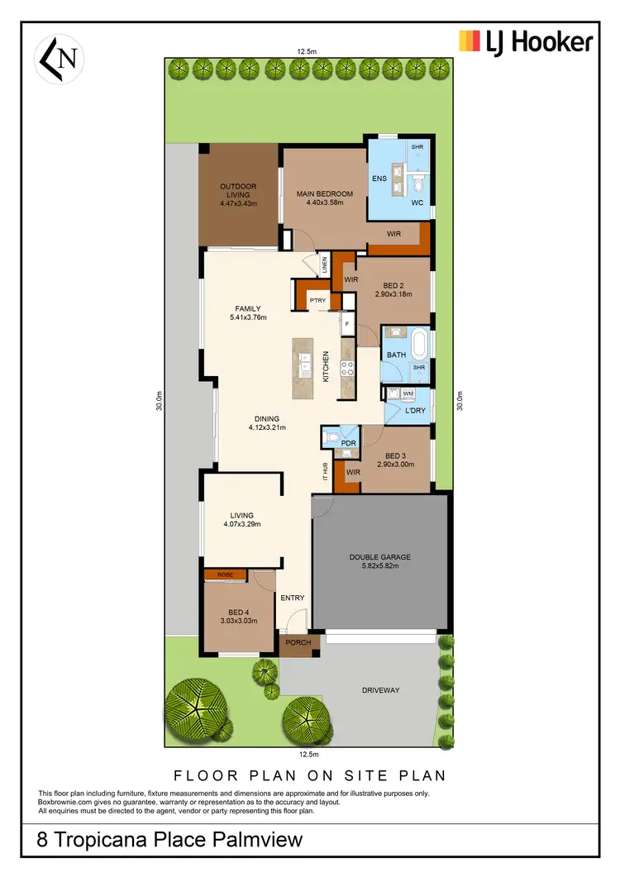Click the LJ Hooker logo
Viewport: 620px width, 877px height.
click(526, 41)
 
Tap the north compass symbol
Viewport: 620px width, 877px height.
click(58, 59)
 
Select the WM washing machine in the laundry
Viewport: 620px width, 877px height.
click(409, 393)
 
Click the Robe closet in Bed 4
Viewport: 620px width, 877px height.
click(225, 574)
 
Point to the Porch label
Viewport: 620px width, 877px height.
click(298, 642)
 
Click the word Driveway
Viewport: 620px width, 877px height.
click(381, 690)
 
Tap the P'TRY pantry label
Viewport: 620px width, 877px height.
click(317, 300)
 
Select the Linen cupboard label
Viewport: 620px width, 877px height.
click(325, 265)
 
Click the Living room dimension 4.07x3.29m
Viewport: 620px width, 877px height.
click(242, 525)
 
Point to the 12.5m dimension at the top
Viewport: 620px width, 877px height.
click(308, 51)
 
